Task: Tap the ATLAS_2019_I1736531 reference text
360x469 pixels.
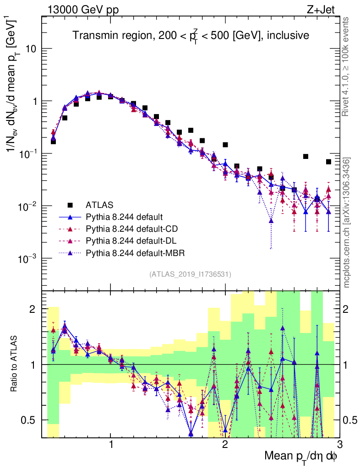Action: (x=190, y=274)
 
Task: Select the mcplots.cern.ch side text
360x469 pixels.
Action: (x=347, y=222)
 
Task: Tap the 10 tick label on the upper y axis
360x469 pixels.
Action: (x=30, y=49)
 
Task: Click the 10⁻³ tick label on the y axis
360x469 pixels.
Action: (x=28, y=259)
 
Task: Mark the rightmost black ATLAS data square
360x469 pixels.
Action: (x=328, y=162)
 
